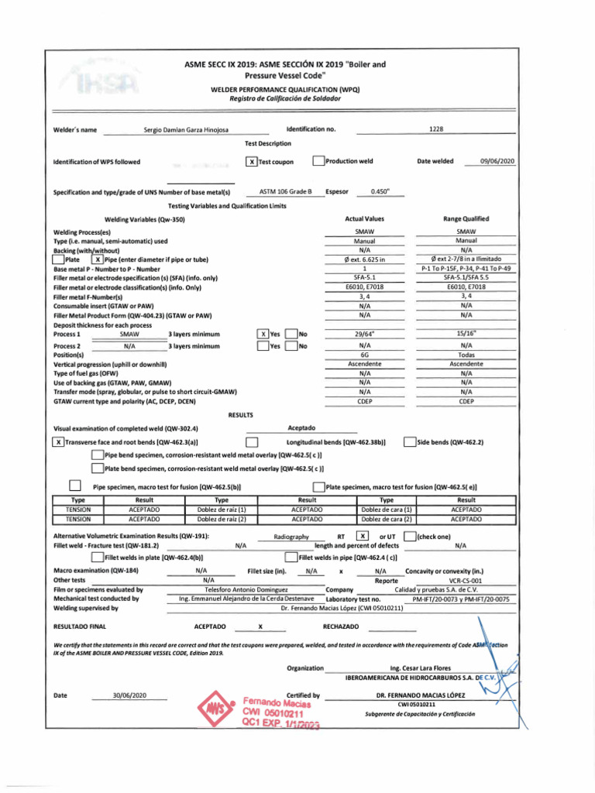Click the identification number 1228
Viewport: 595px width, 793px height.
(435, 129)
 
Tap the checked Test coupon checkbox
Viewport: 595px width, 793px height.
(250, 162)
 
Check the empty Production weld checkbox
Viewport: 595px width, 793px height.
(318, 161)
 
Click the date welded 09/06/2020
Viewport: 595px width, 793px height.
(497, 161)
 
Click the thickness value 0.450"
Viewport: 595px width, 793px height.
(380, 191)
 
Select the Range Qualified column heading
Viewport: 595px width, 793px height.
(466, 219)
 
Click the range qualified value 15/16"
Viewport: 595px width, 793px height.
(466, 334)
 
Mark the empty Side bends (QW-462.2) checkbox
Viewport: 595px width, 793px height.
(410, 442)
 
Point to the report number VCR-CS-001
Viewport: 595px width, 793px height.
(466, 579)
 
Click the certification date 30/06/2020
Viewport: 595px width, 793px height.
(129, 695)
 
